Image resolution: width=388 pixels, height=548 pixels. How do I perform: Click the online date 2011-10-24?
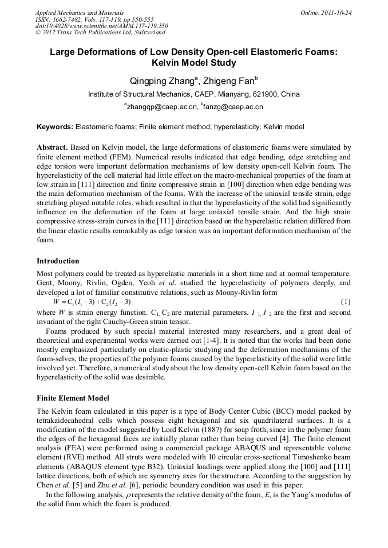[334, 13]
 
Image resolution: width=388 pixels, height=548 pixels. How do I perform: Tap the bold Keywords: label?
[55, 127]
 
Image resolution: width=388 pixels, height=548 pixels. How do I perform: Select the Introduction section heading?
[58, 261]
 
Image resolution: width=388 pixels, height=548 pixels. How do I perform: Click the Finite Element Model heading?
[73, 398]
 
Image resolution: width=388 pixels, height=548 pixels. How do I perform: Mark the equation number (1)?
[345, 302]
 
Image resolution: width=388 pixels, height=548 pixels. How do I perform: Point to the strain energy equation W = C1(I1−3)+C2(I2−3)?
[92, 302]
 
